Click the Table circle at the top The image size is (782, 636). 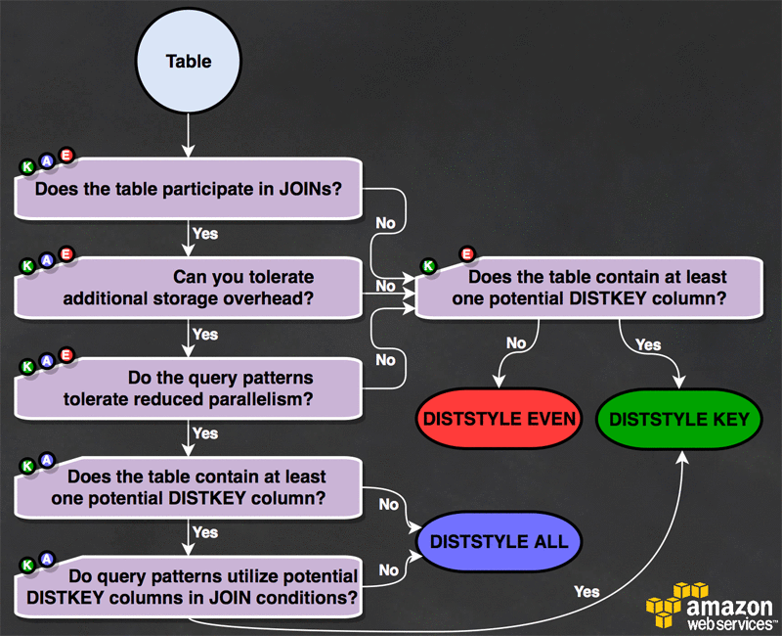pos(189,61)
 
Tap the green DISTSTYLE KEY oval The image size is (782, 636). pos(678,420)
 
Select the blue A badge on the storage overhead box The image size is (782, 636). pos(47,261)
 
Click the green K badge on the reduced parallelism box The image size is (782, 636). pos(28,366)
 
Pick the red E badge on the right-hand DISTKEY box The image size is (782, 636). pos(466,254)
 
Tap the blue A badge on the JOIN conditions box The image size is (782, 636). pos(47,561)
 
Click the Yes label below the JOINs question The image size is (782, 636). pos(205,234)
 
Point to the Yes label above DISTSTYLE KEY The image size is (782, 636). pos(648,344)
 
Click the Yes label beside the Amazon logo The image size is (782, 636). pos(587,591)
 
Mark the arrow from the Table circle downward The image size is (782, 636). pos(189,137)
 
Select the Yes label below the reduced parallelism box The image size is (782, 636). pos(205,432)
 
